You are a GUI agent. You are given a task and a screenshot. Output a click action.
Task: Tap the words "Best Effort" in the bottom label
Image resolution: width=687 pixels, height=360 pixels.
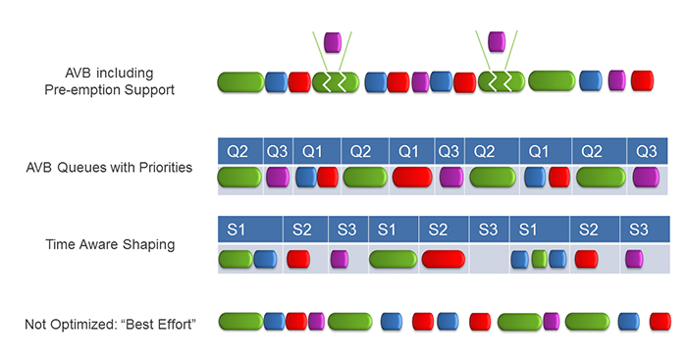(x=158, y=323)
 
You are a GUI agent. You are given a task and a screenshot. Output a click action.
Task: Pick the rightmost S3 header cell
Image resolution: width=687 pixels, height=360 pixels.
(x=638, y=229)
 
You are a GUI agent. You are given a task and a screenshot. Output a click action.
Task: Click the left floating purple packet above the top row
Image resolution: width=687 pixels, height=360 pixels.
(x=332, y=42)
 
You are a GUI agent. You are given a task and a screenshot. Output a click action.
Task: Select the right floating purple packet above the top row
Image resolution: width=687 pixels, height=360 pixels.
(x=498, y=40)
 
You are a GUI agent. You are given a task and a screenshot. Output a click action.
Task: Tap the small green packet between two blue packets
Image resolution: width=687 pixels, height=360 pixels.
(x=539, y=259)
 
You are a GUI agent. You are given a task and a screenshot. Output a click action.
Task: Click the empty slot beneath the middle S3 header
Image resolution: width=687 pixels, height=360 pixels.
(x=488, y=259)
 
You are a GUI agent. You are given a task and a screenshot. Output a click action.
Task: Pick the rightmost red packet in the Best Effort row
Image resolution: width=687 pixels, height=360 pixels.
(x=661, y=321)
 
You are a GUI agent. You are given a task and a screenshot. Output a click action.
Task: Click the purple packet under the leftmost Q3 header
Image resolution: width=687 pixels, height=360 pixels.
(x=278, y=178)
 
